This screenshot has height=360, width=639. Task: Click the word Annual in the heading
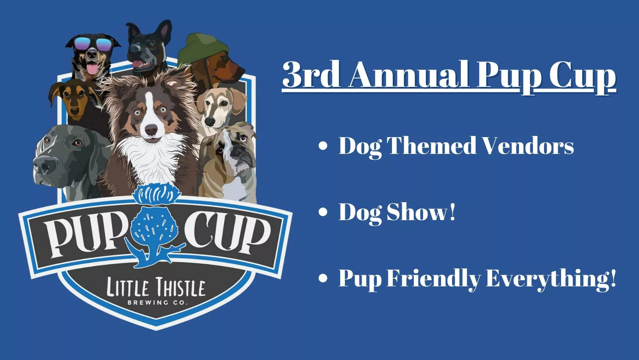coord(410,75)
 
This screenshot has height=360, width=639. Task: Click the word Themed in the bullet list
coord(431,145)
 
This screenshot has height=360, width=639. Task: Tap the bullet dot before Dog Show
coord(323,212)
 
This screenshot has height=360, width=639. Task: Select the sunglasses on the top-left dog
coord(93,44)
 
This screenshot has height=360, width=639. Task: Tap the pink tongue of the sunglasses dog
coord(92,69)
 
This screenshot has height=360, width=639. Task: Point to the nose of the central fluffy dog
coord(151,130)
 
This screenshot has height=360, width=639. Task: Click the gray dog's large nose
coord(44,166)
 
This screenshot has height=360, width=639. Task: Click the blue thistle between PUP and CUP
coord(155,225)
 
